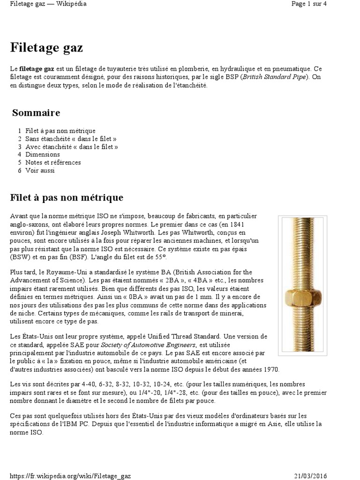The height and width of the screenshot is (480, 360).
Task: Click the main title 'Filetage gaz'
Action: [x=46, y=48]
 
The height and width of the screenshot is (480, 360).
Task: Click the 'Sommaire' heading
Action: [x=36, y=113]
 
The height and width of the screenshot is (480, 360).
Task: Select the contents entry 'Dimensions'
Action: [x=42, y=154]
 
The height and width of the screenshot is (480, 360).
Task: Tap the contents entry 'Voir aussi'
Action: [x=40, y=170]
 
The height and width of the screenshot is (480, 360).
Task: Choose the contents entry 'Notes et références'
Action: [x=53, y=162]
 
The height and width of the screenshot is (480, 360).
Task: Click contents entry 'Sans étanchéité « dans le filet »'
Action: [x=71, y=139]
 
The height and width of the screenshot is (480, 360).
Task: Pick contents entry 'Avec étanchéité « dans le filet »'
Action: [x=72, y=147]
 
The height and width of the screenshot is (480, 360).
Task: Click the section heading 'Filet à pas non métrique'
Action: [x=67, y=198]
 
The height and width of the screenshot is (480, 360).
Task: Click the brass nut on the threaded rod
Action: [x=302, y=297]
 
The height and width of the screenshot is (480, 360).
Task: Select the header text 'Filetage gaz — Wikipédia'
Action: [x=48, y=4]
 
